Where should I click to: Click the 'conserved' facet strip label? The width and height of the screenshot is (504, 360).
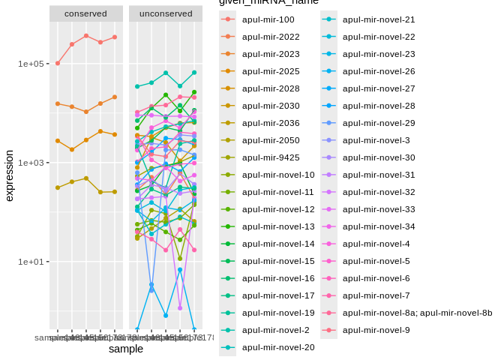tap(85, 13)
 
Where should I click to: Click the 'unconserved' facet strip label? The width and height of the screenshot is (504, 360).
tap(165, 13)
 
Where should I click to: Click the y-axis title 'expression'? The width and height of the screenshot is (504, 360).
tap(10, 175)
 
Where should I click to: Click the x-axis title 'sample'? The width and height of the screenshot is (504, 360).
tap(125, 349)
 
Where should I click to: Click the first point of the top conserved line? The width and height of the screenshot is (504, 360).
tap(58, 63)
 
